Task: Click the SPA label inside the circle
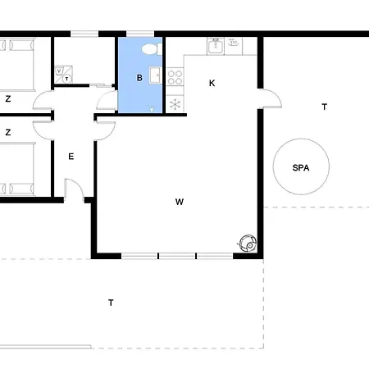coord(301,167)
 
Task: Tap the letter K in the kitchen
coord(212,83)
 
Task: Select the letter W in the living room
coord(180,202)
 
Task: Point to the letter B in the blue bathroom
coord(139,78)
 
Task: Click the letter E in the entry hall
coord(71,157)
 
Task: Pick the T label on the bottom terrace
coord(111,303)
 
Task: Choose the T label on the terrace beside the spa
coord(325,107)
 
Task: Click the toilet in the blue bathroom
coord(151,49)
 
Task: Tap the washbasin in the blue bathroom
coord(156,75)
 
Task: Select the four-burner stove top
coord(175,77)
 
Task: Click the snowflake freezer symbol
coord(175,104)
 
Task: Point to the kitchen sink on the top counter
coord(216,46)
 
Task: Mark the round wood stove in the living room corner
coord(248,244)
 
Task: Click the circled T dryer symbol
coord(67,79)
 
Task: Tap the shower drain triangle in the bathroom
coord(152,109)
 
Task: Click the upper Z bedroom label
coord(8,98)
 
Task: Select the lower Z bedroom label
coord(8,132)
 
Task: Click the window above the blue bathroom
coord(140,34)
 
